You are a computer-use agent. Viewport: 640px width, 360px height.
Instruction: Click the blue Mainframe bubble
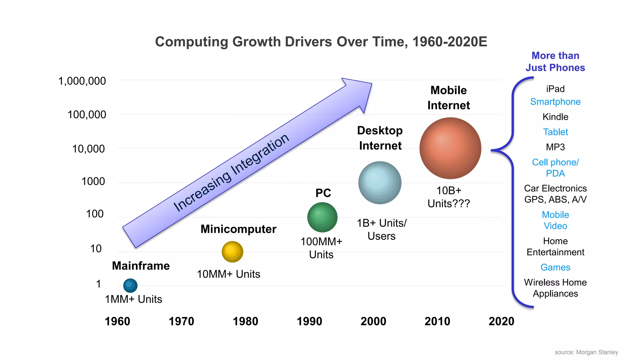pos(130,285)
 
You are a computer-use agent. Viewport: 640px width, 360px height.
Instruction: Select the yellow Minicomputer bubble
pos(232,252)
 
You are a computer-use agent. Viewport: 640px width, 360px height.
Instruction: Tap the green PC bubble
pos(322,217)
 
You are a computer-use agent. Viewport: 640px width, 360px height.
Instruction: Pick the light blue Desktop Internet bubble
pos(380,183)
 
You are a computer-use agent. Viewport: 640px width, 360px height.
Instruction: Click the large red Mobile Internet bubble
pos(450,148)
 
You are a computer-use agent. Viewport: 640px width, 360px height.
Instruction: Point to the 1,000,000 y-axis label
pos(82,81)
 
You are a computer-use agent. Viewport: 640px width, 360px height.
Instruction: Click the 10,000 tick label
pos(88,149)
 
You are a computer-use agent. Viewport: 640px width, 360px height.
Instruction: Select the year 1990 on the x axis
pos(309,321)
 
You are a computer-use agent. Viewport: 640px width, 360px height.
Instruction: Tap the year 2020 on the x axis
pos(501,321)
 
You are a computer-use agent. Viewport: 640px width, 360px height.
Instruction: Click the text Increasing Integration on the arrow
pos(231,173)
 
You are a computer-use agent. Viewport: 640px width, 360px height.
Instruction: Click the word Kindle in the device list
pos(555,117)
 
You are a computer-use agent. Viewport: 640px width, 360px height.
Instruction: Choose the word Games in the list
pos(555,267)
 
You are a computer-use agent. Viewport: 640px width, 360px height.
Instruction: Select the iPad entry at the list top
pos(555,89)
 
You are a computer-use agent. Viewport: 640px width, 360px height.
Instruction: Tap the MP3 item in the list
pos(555,147)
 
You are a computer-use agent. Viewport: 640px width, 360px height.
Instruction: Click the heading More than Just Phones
pos(555,62)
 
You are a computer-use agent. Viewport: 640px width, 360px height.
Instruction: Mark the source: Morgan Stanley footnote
pos(586,352)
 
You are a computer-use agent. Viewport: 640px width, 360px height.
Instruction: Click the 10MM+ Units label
pos(228,274)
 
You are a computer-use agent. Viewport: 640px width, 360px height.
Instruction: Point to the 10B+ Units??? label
pos(449,197)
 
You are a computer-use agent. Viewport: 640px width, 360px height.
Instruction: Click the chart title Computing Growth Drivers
pos(321,42)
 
